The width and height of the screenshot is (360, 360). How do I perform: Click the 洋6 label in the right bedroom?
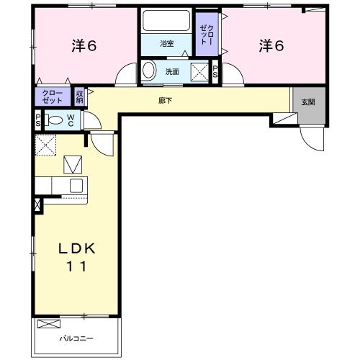tap(271, 45)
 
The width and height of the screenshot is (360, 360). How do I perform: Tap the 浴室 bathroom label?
tap(167, 44)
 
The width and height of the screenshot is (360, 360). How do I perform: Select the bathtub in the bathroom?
tap(166, 21)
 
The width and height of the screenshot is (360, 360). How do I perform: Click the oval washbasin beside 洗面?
tap(149, 71)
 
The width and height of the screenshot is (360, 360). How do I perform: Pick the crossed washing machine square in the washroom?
tap(199, 71)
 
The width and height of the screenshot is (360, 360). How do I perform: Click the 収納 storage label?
tap(80, 96)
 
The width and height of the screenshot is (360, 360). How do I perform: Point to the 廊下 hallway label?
tap(165, 100)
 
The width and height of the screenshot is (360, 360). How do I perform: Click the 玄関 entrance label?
tap(309, 100)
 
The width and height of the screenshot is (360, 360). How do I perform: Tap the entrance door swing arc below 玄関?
tap(312, 137)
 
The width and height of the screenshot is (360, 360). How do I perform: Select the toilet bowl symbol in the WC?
tap(53, 120)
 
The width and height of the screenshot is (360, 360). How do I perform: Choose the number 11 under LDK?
tap(78, 266)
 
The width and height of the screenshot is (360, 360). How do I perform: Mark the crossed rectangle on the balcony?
tap(50, 324)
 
